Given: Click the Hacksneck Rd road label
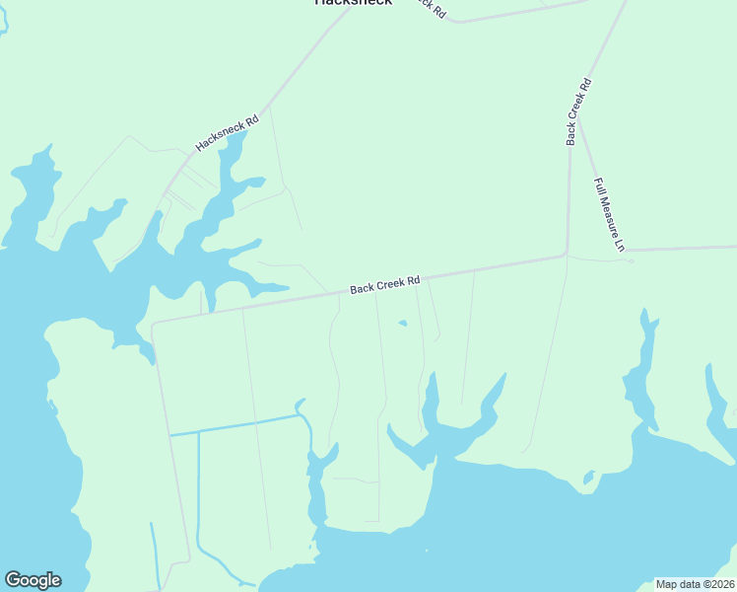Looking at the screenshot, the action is (227, 133).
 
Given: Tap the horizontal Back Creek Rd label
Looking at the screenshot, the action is (385, 284).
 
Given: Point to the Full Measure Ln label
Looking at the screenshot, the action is (610, 215).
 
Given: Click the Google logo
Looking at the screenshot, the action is (33, 580).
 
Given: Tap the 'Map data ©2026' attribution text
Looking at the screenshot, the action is (695, 584).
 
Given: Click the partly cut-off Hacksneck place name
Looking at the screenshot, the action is (353, 3).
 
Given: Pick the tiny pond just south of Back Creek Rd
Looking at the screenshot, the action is (402, 323).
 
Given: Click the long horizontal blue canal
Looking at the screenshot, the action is (236, 425).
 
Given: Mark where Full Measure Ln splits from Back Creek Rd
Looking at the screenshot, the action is (578, 119).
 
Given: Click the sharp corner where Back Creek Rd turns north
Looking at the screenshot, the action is (568, 255).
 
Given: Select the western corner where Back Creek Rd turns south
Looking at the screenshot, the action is (153, 322).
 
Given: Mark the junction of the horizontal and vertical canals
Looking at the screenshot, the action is (199, 431).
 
